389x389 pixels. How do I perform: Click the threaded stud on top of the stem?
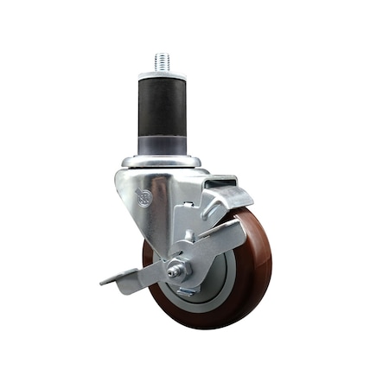coord(163,61)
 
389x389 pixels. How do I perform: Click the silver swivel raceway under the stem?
coord(162,161)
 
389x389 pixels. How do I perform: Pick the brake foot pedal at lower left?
coord(121,280)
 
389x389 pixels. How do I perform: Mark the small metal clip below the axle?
coord(186,291)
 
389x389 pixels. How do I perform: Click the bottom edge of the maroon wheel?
coord(207,327)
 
